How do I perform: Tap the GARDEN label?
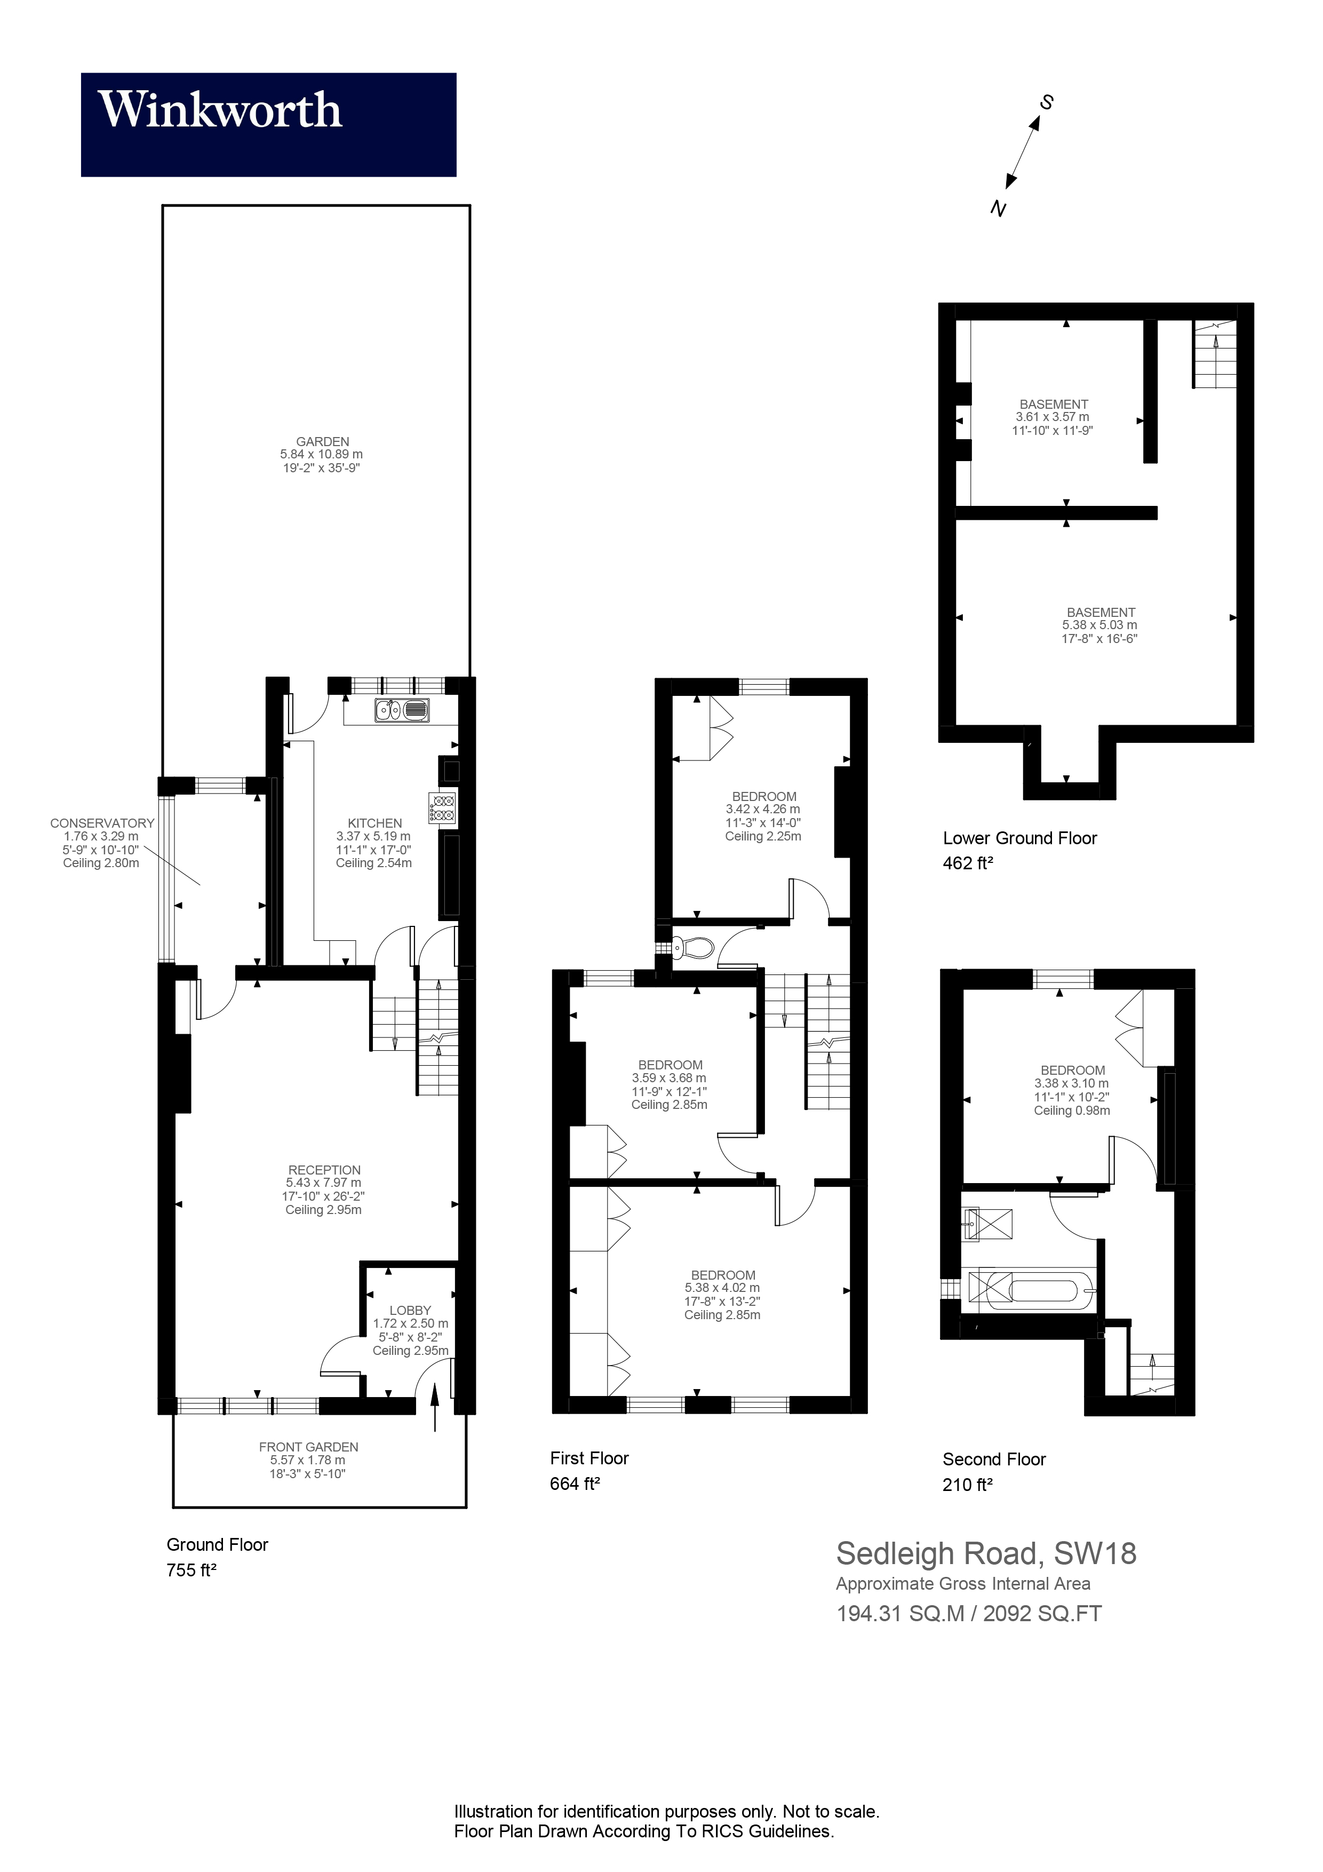322,441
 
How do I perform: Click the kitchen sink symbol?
402,710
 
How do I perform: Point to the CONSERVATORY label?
102,823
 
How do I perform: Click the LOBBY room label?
410,1310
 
